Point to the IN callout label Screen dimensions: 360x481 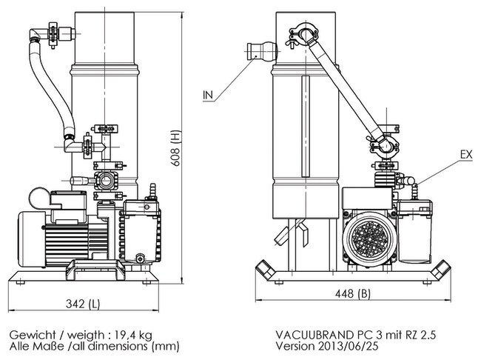[x=209, y=96]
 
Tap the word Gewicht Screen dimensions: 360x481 [x=28, y=333]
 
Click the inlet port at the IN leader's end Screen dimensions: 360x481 [x=260, y=50]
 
